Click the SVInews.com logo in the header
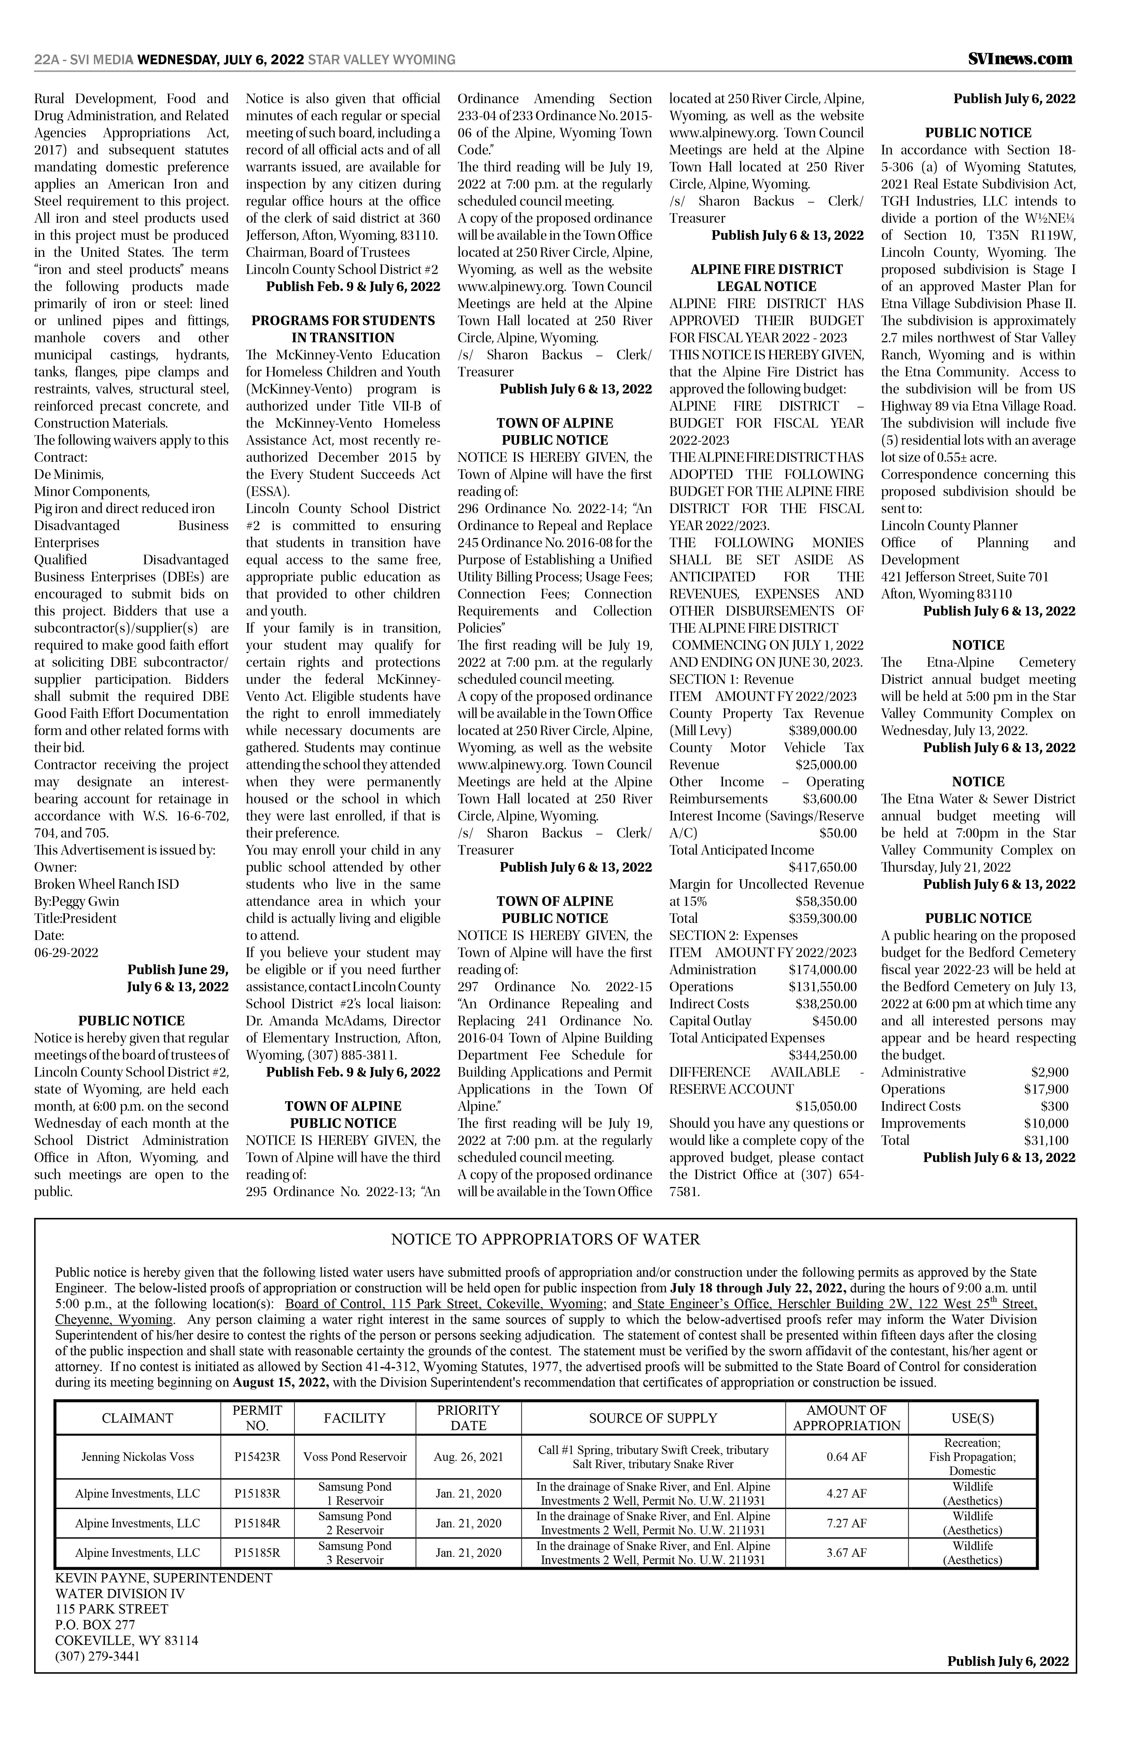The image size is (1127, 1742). (x=1019, y=59)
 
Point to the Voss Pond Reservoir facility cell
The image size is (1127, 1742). (x=355, y=1456)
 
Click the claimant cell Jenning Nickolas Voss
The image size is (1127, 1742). (x=138, y=1456)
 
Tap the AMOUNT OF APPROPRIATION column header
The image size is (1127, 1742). (x=847, y=1418)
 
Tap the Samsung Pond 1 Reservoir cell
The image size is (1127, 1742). (x=355, y=1494)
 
